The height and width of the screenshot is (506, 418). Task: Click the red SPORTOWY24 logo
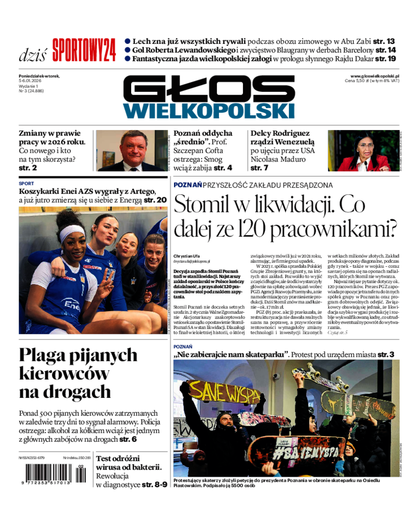[84, 50]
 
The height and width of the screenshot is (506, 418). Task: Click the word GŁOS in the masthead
[209, 89]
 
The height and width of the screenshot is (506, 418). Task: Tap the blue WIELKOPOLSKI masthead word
[209, 110]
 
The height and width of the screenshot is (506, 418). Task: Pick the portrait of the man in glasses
[133, 151]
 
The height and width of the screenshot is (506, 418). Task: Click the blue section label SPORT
[26, 184]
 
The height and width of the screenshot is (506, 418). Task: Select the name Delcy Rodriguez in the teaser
[280, 134]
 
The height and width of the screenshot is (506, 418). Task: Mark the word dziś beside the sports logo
[32, 54]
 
